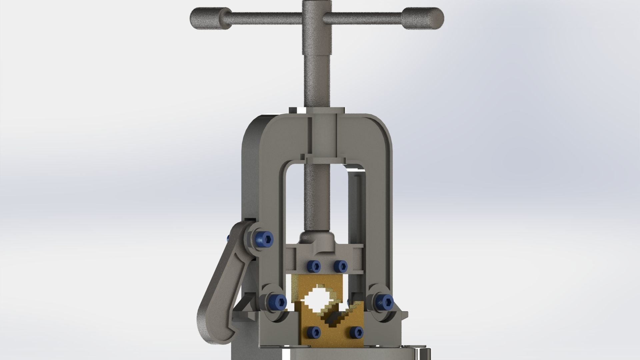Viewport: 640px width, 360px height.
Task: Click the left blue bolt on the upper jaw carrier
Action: pyautogui.click(x=314, y=266)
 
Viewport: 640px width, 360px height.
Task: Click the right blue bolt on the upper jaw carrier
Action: pyautogui.click(x=340, y=266)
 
